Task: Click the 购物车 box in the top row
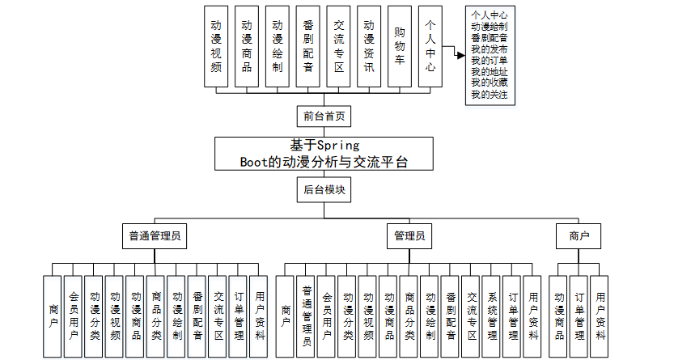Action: pos(400,45)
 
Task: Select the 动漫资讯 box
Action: pos(369,45)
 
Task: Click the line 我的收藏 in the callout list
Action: pos(489,83)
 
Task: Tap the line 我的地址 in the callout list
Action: pos(489,72)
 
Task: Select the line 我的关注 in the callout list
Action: pos(489,95)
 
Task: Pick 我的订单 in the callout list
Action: pos(489,61)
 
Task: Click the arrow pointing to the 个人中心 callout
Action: pos(458,55)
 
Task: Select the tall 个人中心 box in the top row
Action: pos(430,45)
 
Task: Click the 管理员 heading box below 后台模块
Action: pos(408,237)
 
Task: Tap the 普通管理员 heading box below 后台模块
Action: pos(154,237)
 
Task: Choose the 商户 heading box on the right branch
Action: pos(579,237)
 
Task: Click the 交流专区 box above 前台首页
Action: pos(338,45)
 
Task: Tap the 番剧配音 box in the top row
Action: pos(307,45)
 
